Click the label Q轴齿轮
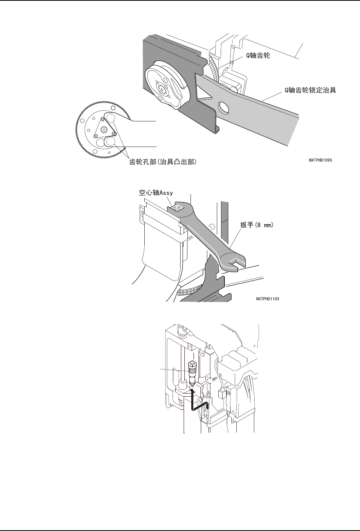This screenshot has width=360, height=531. tap(258, 56)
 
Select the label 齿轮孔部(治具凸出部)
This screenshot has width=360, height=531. tap(163, 162)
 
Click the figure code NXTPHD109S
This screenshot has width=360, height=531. tap(320, 160)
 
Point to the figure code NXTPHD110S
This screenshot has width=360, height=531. tap(268, 299)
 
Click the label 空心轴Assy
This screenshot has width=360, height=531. tap(156, 193)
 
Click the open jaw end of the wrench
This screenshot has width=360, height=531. tap(234, 262)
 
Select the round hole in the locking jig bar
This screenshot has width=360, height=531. tap(223, 107)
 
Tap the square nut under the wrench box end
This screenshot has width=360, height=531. tap(176, 208)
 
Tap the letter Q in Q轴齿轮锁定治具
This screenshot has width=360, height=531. tap(283, 90)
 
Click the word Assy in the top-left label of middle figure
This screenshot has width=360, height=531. tap(166, 193)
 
